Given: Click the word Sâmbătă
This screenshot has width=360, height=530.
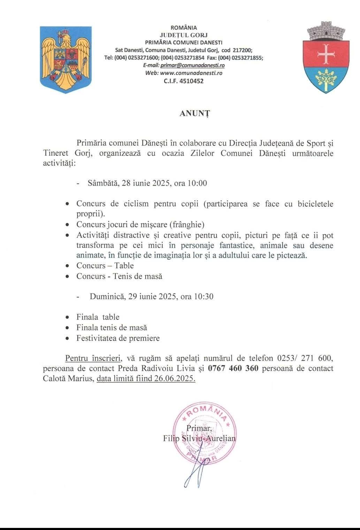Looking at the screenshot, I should [103, 183].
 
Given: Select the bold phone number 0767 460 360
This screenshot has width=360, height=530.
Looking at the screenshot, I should [233, 368].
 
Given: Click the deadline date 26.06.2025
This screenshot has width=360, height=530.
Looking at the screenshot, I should [174, 379].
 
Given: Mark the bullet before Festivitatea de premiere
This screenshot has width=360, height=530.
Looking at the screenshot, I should [67, 338].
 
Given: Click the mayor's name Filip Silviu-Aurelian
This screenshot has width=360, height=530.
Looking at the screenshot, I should [199, 438].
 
